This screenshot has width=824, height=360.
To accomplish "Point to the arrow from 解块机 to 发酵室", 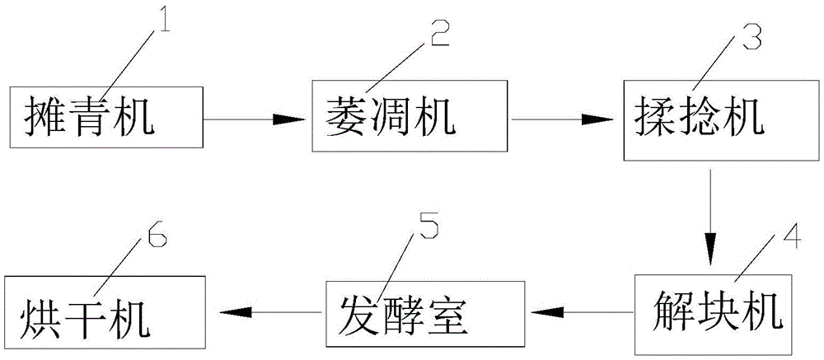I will click(583, 311).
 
